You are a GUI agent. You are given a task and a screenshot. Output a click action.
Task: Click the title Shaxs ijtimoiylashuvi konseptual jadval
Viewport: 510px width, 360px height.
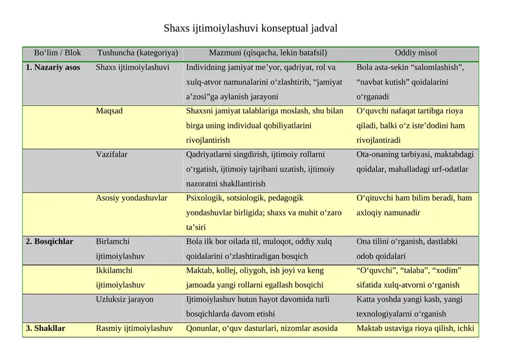[250, 29]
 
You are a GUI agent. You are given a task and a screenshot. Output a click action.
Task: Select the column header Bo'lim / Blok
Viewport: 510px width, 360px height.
[57, 53]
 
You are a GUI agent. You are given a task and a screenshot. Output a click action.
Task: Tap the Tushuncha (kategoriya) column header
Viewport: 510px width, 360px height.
[137, 53]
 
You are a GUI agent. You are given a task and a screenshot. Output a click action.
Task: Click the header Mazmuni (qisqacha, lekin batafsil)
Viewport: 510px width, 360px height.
[268, 53]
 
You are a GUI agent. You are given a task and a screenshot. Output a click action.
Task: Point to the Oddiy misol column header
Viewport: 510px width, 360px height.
[416, 53]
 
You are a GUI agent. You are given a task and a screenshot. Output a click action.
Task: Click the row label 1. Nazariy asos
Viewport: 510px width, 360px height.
[53, 67]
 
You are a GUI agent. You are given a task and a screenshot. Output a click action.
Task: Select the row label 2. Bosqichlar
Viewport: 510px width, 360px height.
[49, 241]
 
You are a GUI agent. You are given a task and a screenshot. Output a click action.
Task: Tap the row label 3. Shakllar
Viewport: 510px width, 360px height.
[45, 329]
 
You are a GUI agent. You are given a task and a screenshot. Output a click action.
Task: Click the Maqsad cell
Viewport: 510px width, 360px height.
[109, 111]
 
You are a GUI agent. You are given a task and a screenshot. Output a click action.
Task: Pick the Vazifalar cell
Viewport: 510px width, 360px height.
[112, 154]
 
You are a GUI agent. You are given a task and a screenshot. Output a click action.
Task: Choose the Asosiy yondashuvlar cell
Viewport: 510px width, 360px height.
[131, 198]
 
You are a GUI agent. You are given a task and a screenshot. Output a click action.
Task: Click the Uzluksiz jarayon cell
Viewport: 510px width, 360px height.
[124, 299]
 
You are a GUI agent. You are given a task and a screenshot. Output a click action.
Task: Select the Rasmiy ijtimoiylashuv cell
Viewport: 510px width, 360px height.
[134, 329]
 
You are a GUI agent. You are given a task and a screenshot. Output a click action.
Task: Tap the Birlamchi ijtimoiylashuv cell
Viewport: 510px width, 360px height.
[120, 248]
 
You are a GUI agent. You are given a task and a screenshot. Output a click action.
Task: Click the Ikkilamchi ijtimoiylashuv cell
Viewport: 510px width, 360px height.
[120, 277]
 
